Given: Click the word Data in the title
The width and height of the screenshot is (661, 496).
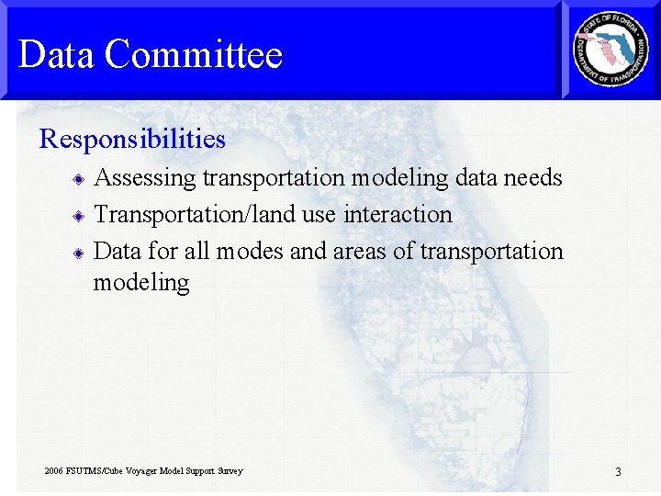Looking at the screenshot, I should pos(56,54).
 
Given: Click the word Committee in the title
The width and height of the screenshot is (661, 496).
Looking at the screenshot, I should pos(193,54).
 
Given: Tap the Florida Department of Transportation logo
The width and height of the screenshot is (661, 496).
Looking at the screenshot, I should pos(611,50).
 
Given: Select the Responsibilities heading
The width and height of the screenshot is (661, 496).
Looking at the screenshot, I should pos(132,139).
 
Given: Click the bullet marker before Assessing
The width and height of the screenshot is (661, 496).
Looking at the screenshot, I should pos(81,179).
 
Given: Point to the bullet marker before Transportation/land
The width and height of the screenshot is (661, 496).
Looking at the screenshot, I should pos(81,216).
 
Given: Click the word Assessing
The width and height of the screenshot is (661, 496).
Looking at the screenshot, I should pos(146,178).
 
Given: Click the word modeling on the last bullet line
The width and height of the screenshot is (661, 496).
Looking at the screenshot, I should pos(141,283).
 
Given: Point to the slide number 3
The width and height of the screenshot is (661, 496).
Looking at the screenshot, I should pos(618,472).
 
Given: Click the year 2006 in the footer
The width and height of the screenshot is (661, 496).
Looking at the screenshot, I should pos(54,471).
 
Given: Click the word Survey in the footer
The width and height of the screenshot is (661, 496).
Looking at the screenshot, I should pos(230,471).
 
